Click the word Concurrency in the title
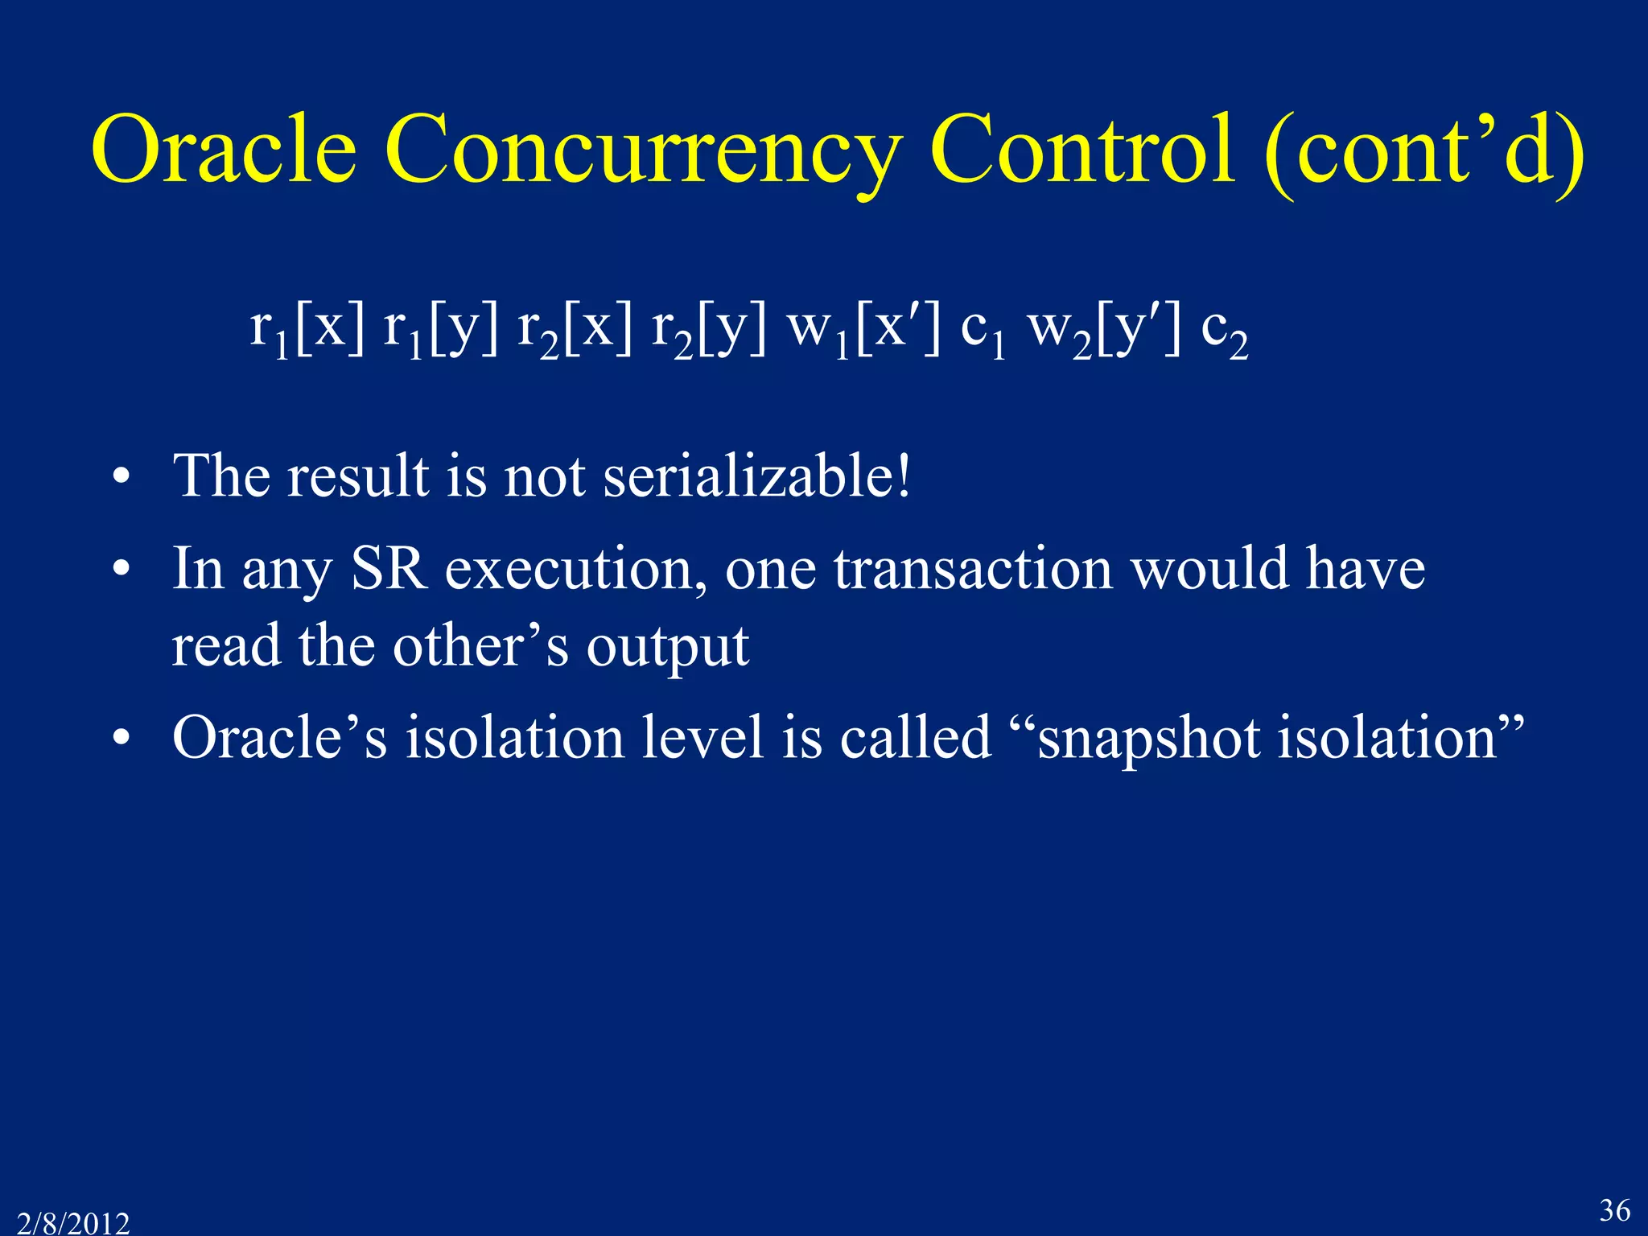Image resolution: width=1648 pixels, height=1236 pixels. click(640, 149)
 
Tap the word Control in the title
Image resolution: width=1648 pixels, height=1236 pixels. click(1082, 149)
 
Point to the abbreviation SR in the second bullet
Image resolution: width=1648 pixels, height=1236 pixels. click(389, 568)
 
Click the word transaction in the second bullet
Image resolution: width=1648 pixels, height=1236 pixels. click(973, 568)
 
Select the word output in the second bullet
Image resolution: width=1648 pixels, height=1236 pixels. click(667, 646)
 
